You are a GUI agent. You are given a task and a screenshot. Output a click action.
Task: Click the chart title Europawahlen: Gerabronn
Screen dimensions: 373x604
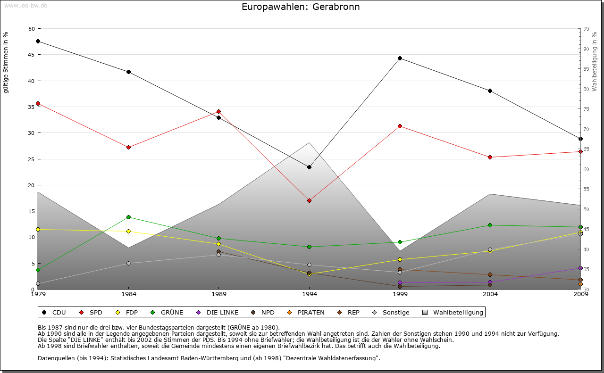tap(301, 7)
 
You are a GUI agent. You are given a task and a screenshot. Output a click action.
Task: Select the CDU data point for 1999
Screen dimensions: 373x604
tap(400, 58)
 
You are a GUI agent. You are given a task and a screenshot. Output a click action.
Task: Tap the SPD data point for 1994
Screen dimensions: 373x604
tap(309, 200)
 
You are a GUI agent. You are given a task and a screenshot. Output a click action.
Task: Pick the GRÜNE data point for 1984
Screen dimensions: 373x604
tap(128, 217)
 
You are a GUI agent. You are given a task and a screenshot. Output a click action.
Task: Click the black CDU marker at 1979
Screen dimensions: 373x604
tap(38, 41)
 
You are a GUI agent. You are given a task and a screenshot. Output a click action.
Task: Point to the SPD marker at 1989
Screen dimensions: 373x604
tap(218, 111)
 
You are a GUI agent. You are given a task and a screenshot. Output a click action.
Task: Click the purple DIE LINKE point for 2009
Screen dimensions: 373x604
tap(580, 268)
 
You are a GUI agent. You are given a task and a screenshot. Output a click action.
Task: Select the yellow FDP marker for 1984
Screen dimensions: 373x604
tap(128, 231)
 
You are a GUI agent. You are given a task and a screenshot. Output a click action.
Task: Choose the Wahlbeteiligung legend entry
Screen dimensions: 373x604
tap(453, 312)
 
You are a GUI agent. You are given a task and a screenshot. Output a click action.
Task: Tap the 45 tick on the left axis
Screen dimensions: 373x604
tap(32, 55)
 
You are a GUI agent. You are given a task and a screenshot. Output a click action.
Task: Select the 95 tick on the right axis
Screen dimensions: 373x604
tap(586, 29)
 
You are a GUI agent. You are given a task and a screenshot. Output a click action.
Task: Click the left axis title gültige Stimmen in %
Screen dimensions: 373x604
tap(6, 62)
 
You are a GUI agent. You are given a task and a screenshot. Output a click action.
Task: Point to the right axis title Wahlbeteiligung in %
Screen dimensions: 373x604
tap(595, 61)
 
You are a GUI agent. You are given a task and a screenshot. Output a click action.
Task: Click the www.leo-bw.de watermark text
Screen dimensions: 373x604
tap(25, 5)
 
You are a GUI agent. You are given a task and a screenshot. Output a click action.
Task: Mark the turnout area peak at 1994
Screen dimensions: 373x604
tap(309, 142)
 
